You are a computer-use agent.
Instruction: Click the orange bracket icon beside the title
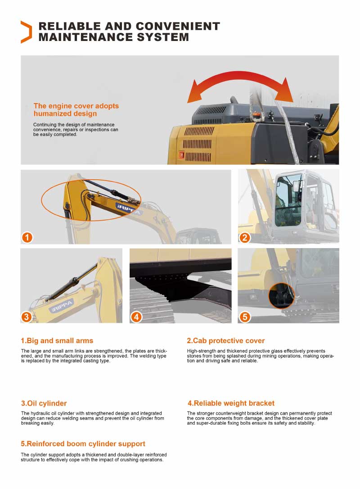[26, 32]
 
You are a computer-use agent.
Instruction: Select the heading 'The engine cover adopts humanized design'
[76, 109]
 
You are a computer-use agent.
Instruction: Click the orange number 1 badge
[27, 237]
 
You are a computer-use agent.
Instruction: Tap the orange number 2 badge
[244, 237]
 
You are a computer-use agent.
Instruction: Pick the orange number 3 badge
[27, 317]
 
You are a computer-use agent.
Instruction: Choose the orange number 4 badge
[136, 317]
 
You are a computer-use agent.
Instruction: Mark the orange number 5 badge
[244, 317]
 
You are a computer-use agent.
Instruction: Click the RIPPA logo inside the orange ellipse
[129, 209]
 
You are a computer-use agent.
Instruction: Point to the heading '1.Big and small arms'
[57, 340]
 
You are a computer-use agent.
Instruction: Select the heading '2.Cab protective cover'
[225, 340]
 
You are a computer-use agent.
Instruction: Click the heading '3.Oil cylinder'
[44, 403]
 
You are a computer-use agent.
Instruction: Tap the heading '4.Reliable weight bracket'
[230, 403]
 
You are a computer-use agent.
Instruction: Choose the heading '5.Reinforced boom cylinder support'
[83, 444]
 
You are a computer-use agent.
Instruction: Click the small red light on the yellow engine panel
[182, 154]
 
